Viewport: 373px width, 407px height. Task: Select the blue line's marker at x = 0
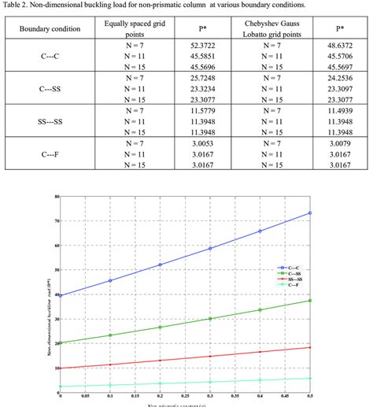point(61,295)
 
